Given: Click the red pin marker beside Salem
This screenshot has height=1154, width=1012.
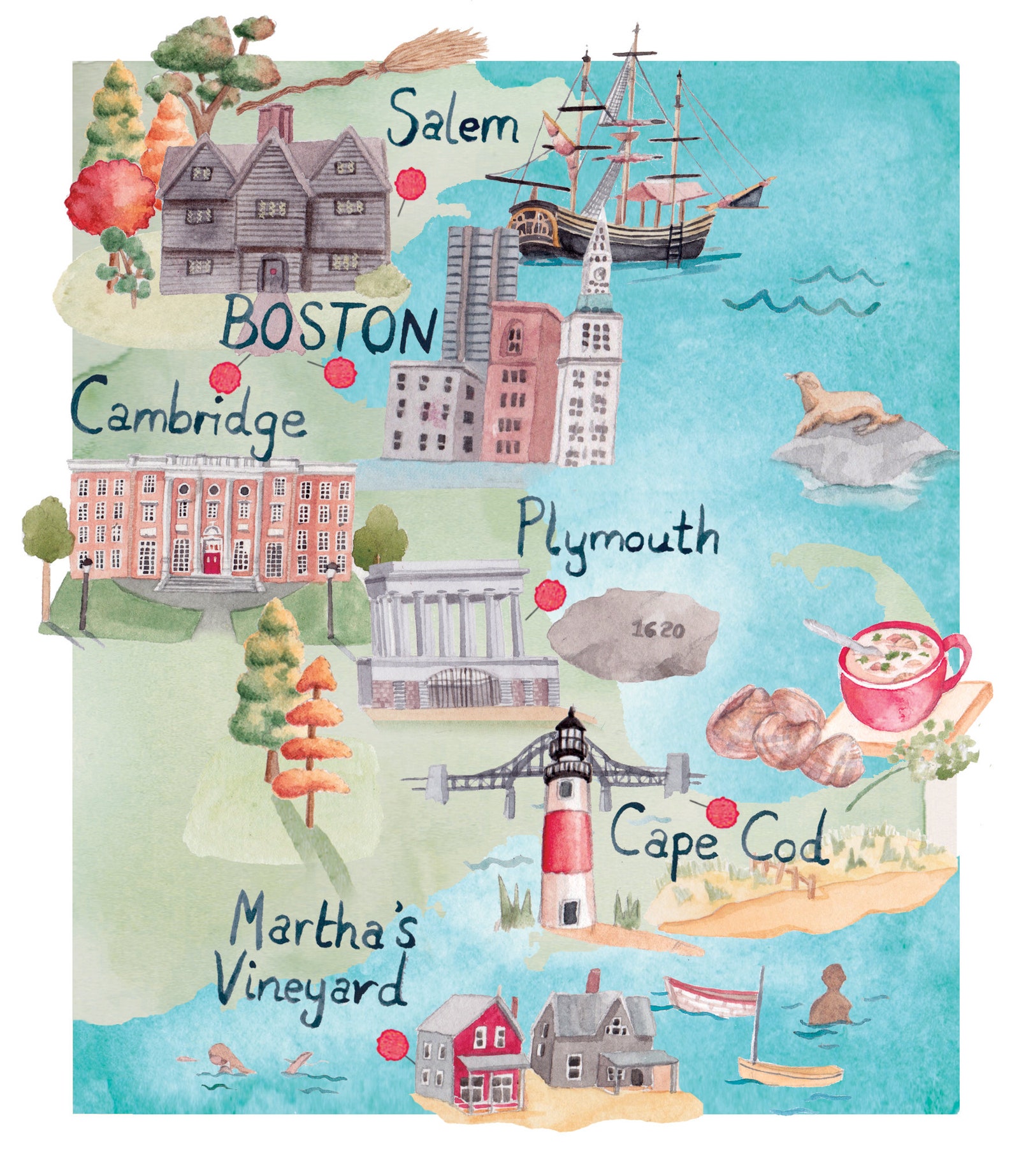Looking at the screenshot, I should click(410, 184).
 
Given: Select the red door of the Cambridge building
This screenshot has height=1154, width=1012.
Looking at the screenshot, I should click(211, 561).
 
